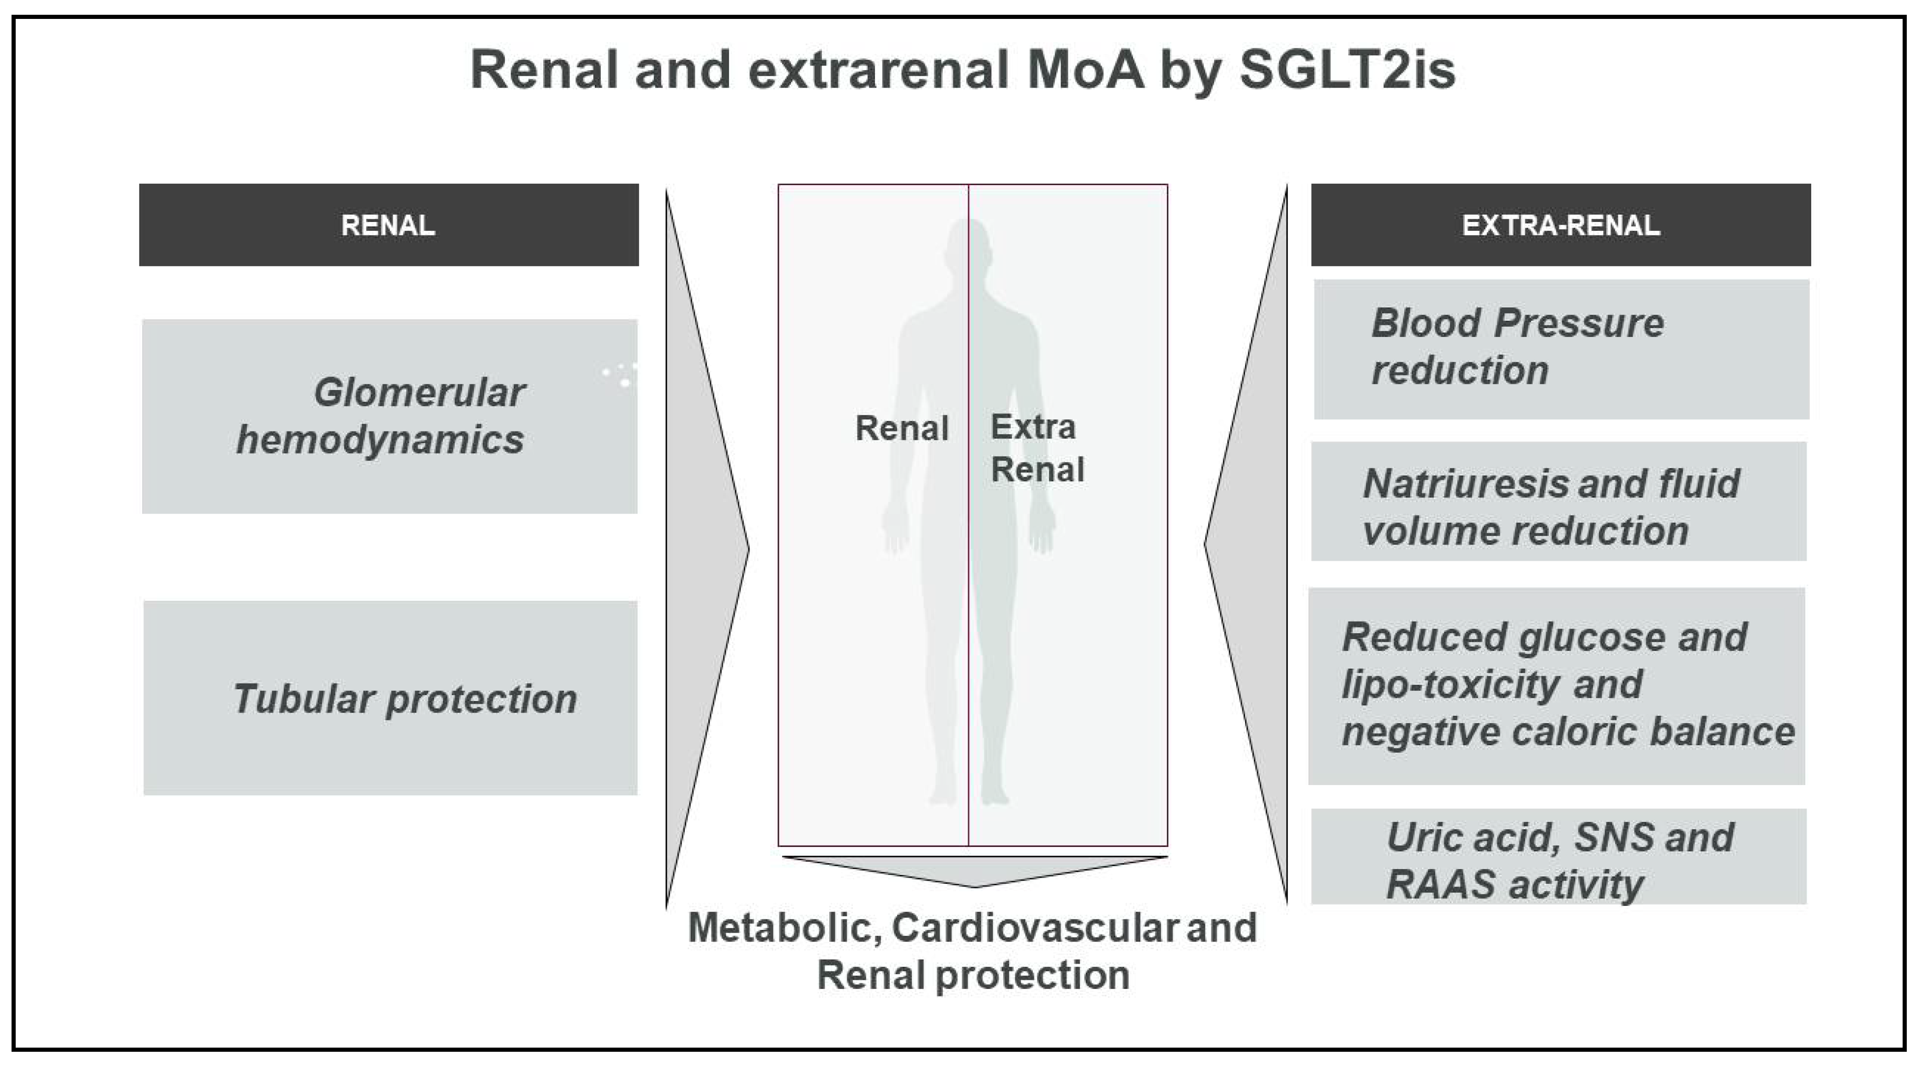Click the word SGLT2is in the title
point(1347,69)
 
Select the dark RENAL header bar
point(389,225)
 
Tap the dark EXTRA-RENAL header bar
point(1561,225)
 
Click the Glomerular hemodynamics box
point(389,416)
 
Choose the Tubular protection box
point(390,698)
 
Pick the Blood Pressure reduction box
point(1562,349)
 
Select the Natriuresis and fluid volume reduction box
point(1559,501)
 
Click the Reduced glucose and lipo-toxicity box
point(1557,686)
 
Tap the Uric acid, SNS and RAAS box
point(1559,857)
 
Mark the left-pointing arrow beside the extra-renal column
point(1246,545)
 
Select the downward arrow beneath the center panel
point(975,871)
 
